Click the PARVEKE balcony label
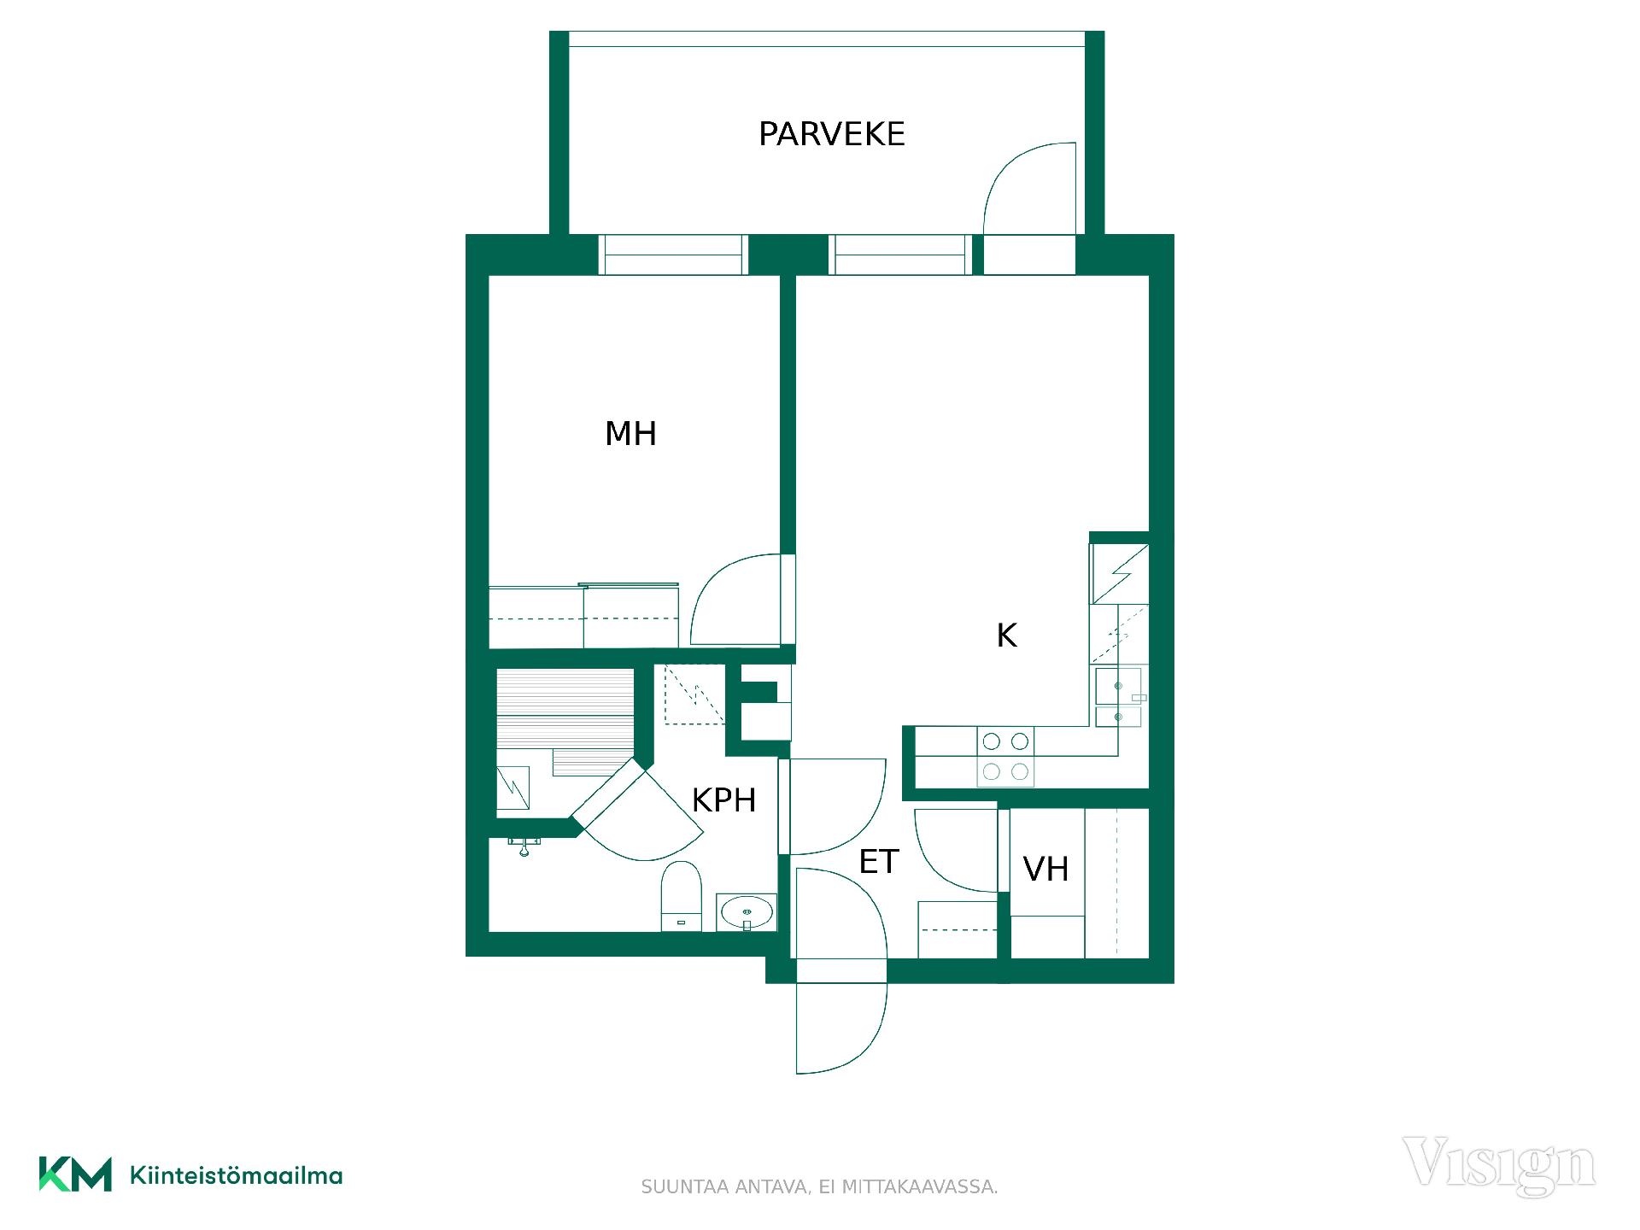click(831, 134)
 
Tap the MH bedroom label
click(630, 434)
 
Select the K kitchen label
click(1006, 635)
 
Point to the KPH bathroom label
click(723, 800)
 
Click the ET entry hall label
click(879, 862)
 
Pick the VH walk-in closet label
click(1045, 870)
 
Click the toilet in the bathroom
click(682, 896)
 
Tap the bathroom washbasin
click(747, 912)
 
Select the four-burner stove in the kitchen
click(1005, 757)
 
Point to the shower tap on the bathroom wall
click(524, 846)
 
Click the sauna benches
click(565, 723)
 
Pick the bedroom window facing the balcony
click(673, 255)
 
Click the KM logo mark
click(75, 1174)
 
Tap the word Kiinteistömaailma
click(236, 1176)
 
